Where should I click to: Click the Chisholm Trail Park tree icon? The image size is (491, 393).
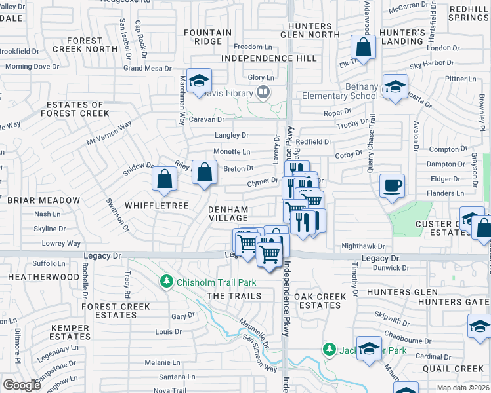click(167, 282)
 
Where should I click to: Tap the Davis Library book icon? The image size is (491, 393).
click(263, 93)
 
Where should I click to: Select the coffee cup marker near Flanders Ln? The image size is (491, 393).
click(393, 186)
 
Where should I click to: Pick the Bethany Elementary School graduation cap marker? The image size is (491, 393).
click(395, 87)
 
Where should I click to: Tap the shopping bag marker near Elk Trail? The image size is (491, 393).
click(363, 48)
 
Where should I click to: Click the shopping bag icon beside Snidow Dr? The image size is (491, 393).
click(164, 179)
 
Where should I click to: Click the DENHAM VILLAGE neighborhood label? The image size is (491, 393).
click(228, 214)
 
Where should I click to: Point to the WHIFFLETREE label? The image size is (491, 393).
click(153, 206)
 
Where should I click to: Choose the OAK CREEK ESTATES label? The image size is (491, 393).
click(320, 301)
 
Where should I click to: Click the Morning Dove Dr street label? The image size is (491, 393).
click(32, 67)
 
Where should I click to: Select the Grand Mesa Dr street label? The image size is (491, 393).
click(147, 68)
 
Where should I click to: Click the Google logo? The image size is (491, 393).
click(22, 385)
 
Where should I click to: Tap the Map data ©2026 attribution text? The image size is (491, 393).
click(463, 388)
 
